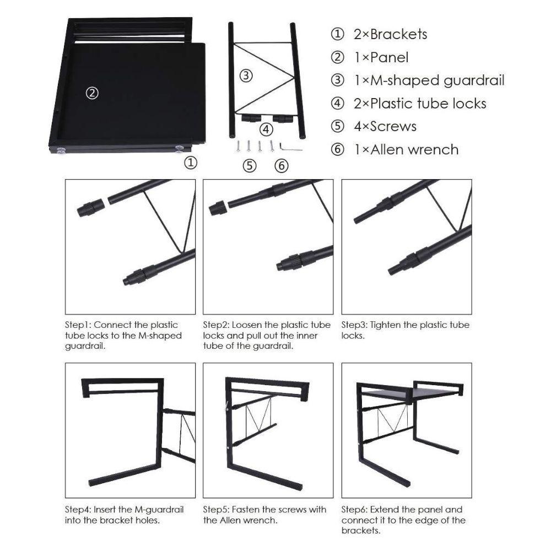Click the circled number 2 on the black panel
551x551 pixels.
pos(93,93)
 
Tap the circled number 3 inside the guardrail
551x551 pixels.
pos(246,75)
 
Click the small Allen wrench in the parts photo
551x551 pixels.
pos(290,147)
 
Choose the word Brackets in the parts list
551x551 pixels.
pos(398,34)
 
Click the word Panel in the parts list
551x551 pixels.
pos(390,57)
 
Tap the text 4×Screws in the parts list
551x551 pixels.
pos(385,126)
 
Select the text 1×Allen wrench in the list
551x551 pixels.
pos(406,149)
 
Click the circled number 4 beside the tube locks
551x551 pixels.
pos(266,129)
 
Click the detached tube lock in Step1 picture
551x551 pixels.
pos(90,207)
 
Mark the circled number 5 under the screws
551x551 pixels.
pos(249,165)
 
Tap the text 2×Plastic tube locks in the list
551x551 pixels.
pos(420,104)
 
